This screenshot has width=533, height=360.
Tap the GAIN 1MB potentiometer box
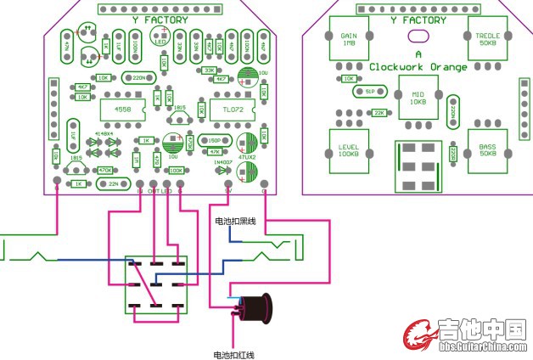coord(349,39)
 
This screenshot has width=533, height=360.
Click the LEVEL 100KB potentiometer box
coord(348,150)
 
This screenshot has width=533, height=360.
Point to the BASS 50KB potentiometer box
coord(487,149)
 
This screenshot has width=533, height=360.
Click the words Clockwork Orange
coord(418,66)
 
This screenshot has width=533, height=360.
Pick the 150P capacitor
coord(216,140)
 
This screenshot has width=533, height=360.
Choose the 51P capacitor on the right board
coord(369,91)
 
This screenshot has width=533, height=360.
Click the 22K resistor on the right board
coord(379,112)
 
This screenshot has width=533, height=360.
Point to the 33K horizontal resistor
coord(209,70)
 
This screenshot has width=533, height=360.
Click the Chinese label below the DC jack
coord(233,354)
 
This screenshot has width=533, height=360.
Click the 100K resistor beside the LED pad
coord(176,170)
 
